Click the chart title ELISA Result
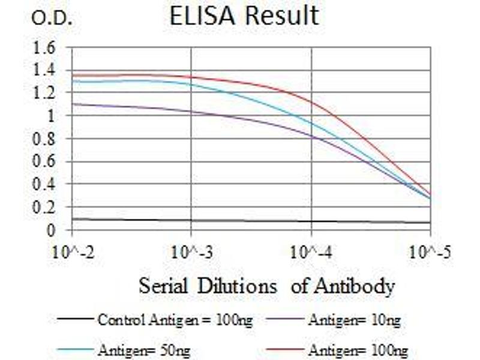(x=244, y=16)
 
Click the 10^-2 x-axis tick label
(x=72, y=252)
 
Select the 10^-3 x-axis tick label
(x=191, y=252)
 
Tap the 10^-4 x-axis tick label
(x=311, y=252)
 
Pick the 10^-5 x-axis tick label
(x=430, y=252)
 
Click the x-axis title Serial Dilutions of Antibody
(x=266, y=286)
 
